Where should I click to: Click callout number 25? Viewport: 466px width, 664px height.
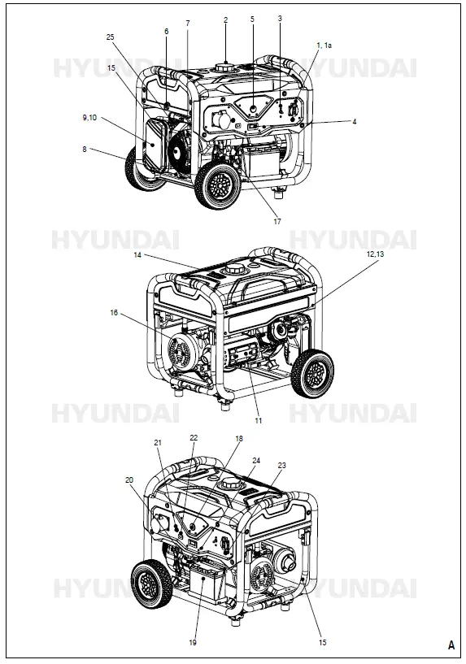[x=110, y=37]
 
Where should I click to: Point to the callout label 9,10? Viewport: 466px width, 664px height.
[x=89, y=118]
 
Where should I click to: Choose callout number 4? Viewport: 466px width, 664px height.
[x=354, y=122]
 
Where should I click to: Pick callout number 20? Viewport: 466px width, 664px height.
[x=128, y=480]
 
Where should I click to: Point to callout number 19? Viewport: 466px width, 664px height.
[x=193, y=642]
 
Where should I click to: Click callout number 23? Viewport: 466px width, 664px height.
[x=281, y=466]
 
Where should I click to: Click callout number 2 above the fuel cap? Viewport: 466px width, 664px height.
[x=225, y=19]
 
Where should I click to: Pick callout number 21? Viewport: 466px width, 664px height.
[x=158, y=442]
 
